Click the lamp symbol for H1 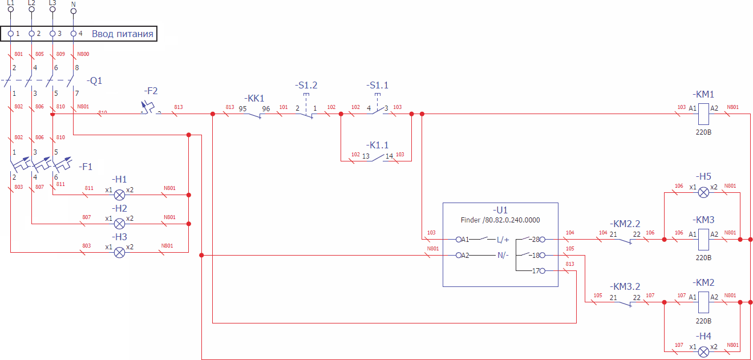click(x=120, y=195)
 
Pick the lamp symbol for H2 click(x=120, y=224)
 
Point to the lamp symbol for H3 click(x=120, y=252)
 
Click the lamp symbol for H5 click(x=704, y=192)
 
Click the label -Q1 click(x=95, y=80)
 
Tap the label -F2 click(x=151, y=91)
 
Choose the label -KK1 click(x=254, y=98)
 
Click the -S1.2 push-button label click(x=306, y=85)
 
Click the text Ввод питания click(x=123, y=34)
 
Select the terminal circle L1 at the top click(x=10, y=9)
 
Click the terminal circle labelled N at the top click(x=73, y=11)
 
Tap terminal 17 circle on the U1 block click(x=542, y=270)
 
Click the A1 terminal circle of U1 click(x=459, y=240)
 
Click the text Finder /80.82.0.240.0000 click(x=500, y=220)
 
